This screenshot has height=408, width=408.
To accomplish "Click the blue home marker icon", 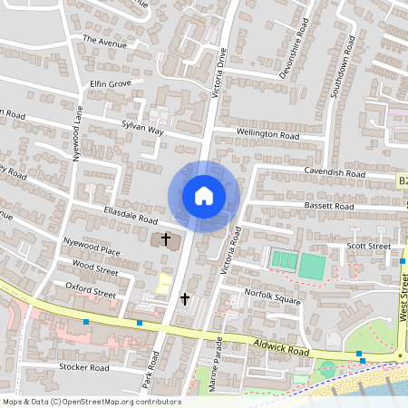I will coord(204,196).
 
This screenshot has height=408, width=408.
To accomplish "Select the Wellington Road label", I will coord(267,135).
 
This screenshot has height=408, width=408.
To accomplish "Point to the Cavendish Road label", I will coord(334,172).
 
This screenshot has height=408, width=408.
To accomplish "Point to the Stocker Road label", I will coord(83,368).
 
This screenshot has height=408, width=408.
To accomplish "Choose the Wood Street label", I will coord(95,270).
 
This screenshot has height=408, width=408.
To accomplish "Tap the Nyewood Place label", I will coord(92,248).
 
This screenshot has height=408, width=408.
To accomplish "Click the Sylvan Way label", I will coord(142,131).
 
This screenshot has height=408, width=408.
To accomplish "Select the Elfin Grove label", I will coord(111,83).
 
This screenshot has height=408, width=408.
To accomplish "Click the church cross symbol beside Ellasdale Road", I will coord(166,239).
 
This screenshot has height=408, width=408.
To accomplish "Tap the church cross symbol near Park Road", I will coord(185,298).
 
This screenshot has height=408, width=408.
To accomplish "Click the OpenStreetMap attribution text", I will coord(91,402).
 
